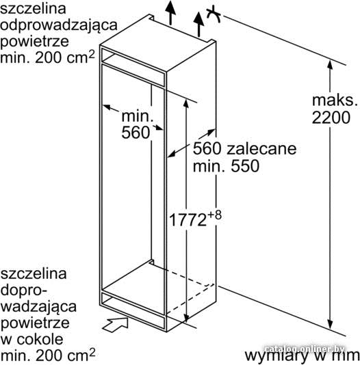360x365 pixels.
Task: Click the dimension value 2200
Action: [x=331, y=118]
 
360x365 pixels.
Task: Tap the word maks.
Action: [x=335, y=100]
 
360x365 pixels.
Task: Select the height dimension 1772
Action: [x=188, y=219]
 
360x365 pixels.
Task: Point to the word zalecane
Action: [x=261, y=148]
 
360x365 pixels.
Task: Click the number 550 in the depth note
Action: [x=245, y=165]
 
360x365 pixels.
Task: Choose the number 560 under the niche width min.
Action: [x=136, y=133]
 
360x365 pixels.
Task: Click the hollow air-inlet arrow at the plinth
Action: [x=116, y=325]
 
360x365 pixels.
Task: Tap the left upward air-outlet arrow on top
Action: [x=171, y=12]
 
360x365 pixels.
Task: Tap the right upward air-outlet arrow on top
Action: [x=198, y=24]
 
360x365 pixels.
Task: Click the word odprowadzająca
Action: [x=58, y=25]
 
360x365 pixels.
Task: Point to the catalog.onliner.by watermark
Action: [x=305, y=349]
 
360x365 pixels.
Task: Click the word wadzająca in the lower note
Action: [x=39, y=307]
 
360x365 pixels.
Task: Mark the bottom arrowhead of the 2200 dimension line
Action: [x=330, y=324]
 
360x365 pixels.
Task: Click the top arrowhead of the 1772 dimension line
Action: [x=186, y=104]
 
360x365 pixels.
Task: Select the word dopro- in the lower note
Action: [x=24, y=291]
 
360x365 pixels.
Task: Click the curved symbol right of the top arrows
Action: [x=214, y=14]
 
